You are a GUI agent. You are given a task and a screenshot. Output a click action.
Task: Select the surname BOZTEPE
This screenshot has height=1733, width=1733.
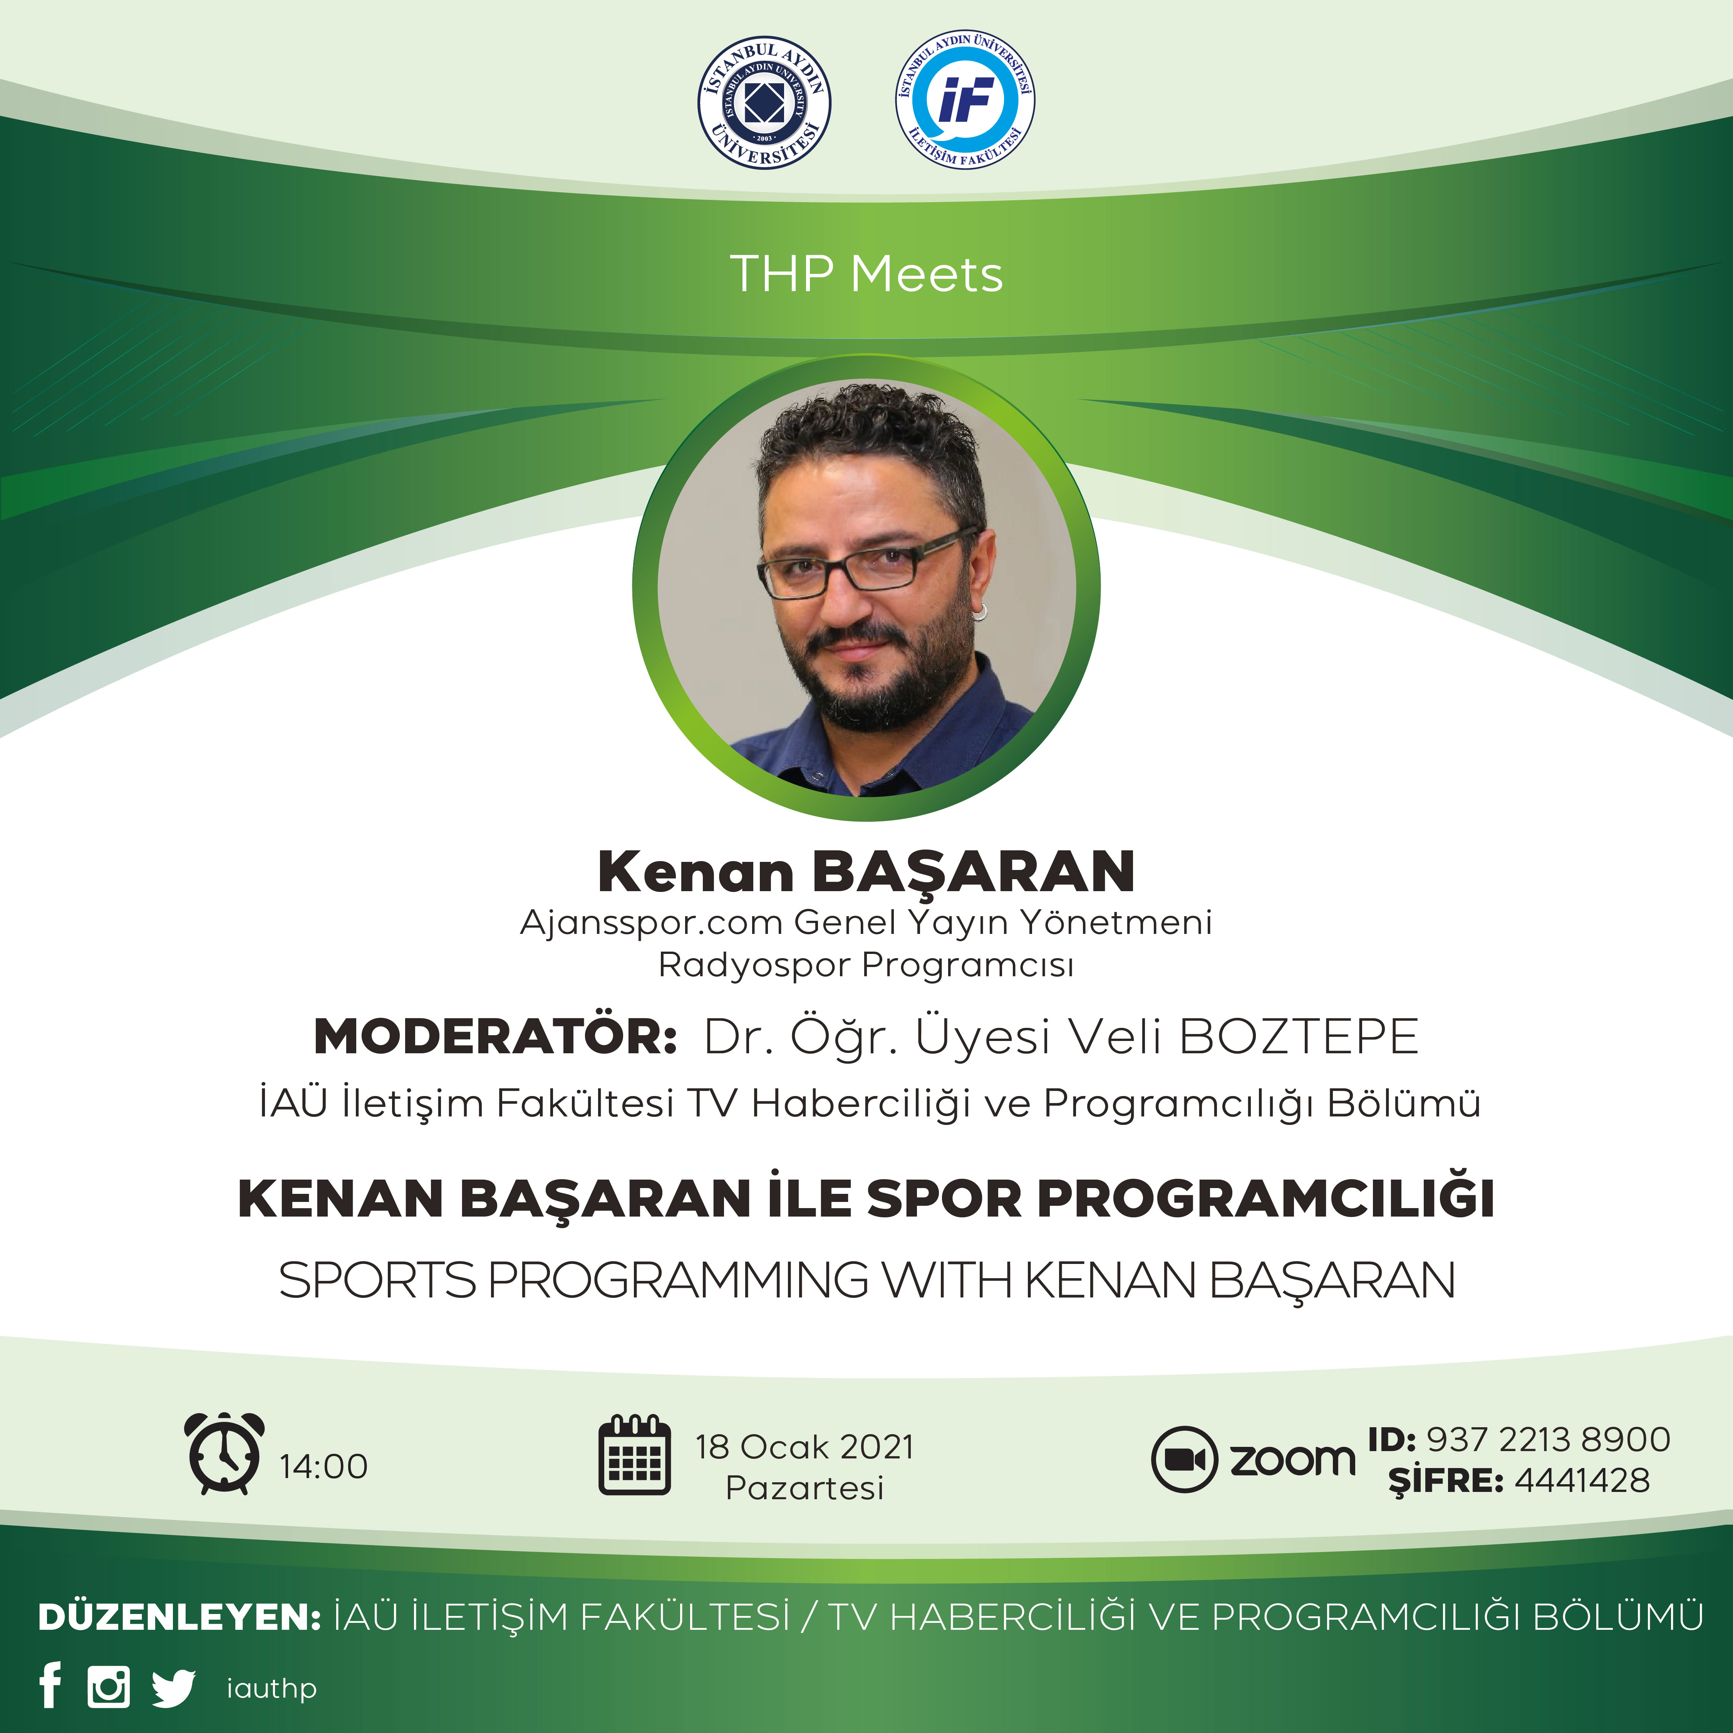(x=1298, y=1038)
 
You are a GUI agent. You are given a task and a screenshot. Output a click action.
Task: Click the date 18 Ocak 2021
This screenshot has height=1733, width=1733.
(x=804, y=1447)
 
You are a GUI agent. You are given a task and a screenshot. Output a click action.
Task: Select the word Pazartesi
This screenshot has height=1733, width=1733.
(x=804, y=1488)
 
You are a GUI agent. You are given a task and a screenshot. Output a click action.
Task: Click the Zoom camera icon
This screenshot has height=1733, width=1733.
(x=1184, y=1460)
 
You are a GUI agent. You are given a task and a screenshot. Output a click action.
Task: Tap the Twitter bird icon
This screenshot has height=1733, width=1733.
(x=173, y=1687)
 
